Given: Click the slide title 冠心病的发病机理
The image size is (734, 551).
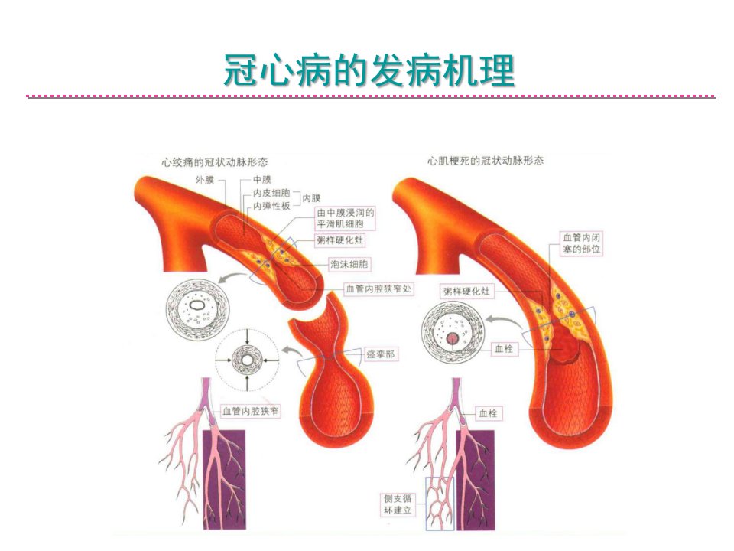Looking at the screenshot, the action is (x=369, y=70).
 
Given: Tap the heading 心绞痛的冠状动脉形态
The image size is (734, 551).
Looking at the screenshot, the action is (x=215, y=162).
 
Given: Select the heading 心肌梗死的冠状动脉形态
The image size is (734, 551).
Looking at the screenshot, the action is (x=486, y=161).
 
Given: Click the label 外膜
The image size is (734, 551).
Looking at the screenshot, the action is (x=205, y=179).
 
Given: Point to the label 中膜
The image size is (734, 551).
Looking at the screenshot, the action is (x=262, y=179).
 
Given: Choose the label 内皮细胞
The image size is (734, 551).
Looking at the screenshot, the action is (x=271, y=193).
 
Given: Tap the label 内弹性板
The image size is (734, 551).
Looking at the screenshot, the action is (x=271, y=206).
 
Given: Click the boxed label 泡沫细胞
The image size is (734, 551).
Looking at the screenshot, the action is (x=349, y=264).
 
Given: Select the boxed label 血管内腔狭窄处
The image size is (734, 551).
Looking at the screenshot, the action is (x=378, y=289).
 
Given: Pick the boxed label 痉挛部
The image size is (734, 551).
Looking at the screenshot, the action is (x=381, y=354).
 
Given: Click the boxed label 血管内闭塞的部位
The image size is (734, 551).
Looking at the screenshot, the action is (x=582, y=243).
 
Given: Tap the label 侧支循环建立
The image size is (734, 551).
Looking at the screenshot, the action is (x=398, y=504).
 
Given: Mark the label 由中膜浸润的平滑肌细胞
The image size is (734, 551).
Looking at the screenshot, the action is (x=346, y=218).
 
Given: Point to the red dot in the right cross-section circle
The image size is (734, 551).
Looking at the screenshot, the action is (x=452, y=338).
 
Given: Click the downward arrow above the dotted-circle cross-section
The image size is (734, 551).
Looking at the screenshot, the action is (x=248, y=337).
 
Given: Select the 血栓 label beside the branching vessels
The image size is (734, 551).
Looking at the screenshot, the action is (x=488, y=413).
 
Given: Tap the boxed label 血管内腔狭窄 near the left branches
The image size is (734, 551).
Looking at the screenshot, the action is (x=251, y=412).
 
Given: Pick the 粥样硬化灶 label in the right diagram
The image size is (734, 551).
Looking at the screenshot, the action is (x=466, y=292).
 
